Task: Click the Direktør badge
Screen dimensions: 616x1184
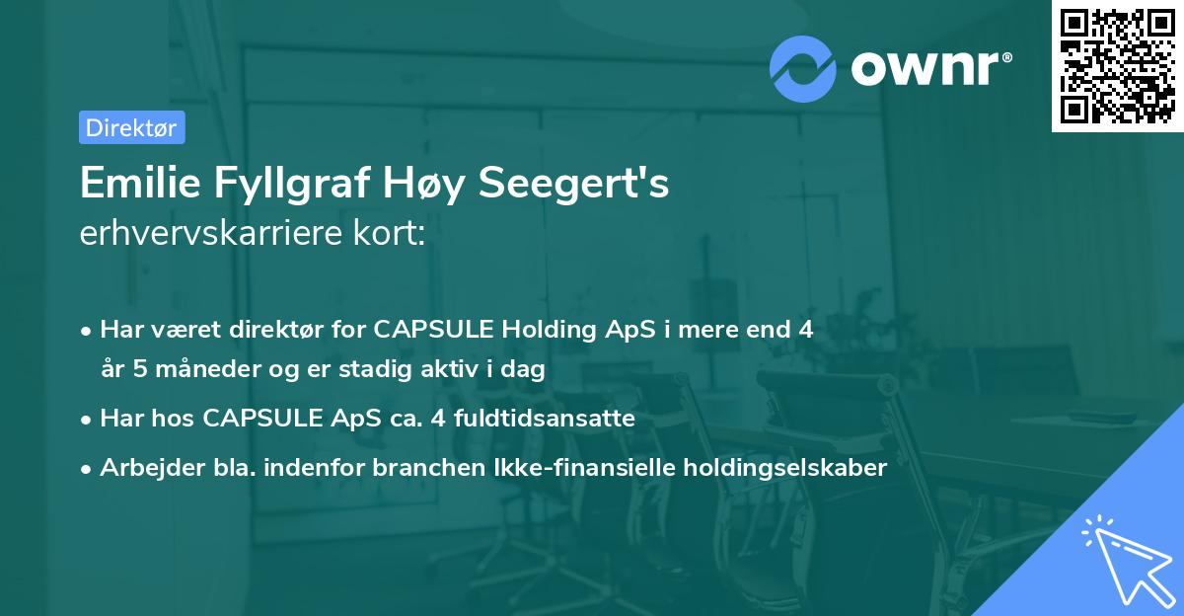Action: click(131, 127)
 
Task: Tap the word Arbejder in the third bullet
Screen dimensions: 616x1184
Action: click(140, 468)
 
